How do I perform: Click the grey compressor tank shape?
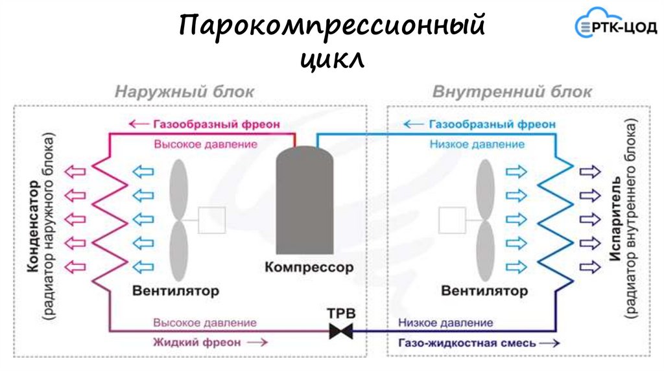tap(305, 201)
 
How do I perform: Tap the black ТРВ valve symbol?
tap(339, 331)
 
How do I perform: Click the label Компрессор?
tap(309, 267)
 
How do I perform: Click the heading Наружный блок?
tap(185, 91)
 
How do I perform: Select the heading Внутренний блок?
tap(512, 91)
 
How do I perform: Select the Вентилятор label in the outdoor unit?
tap(176, 290)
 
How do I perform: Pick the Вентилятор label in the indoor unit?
tap(484, 290)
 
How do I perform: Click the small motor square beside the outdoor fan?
tap(211, 220)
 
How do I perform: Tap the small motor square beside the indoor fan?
tap(452, 220)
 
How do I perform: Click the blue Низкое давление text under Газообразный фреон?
tap(477, 145)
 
